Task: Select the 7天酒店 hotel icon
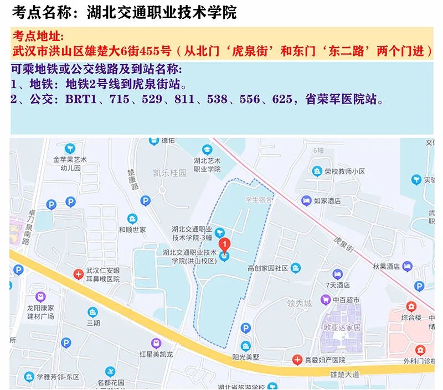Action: click(337, 273)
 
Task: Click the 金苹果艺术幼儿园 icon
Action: click(70, 148)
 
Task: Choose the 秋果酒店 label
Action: click(387, 266)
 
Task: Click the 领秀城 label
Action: click(300, 304)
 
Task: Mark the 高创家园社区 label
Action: click(267, 268)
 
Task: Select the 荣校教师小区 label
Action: click(345, 171)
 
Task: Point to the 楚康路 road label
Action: click(133, 176)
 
